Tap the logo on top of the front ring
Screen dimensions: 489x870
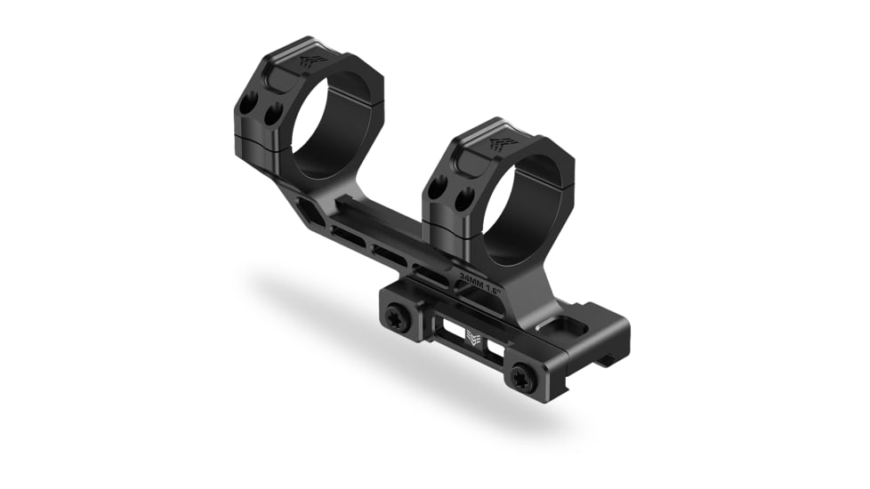pos(502,141)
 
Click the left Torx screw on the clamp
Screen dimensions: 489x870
pos(398,318)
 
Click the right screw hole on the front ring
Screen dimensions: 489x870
pos(460,200)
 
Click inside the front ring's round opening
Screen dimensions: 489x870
pos(525,208)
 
